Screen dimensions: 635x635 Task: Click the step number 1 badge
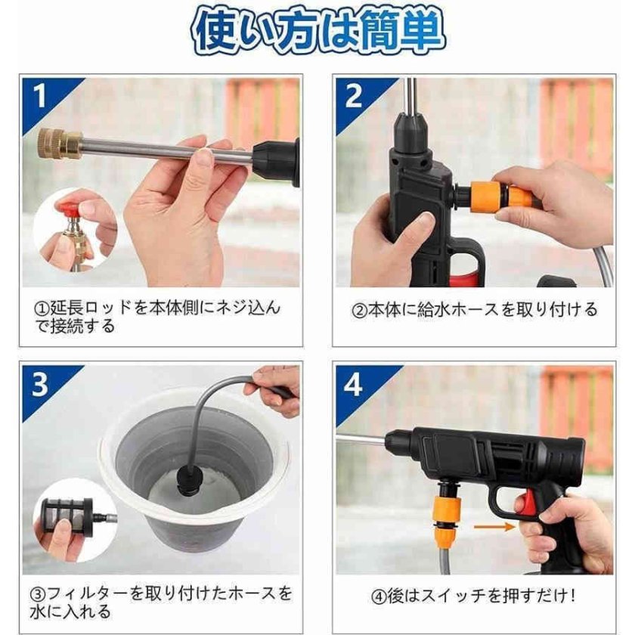click(x=39, y=96)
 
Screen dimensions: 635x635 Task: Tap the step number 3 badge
click(x=40, y=384)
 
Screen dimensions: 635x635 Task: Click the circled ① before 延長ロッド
click(x=43, y=308)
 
